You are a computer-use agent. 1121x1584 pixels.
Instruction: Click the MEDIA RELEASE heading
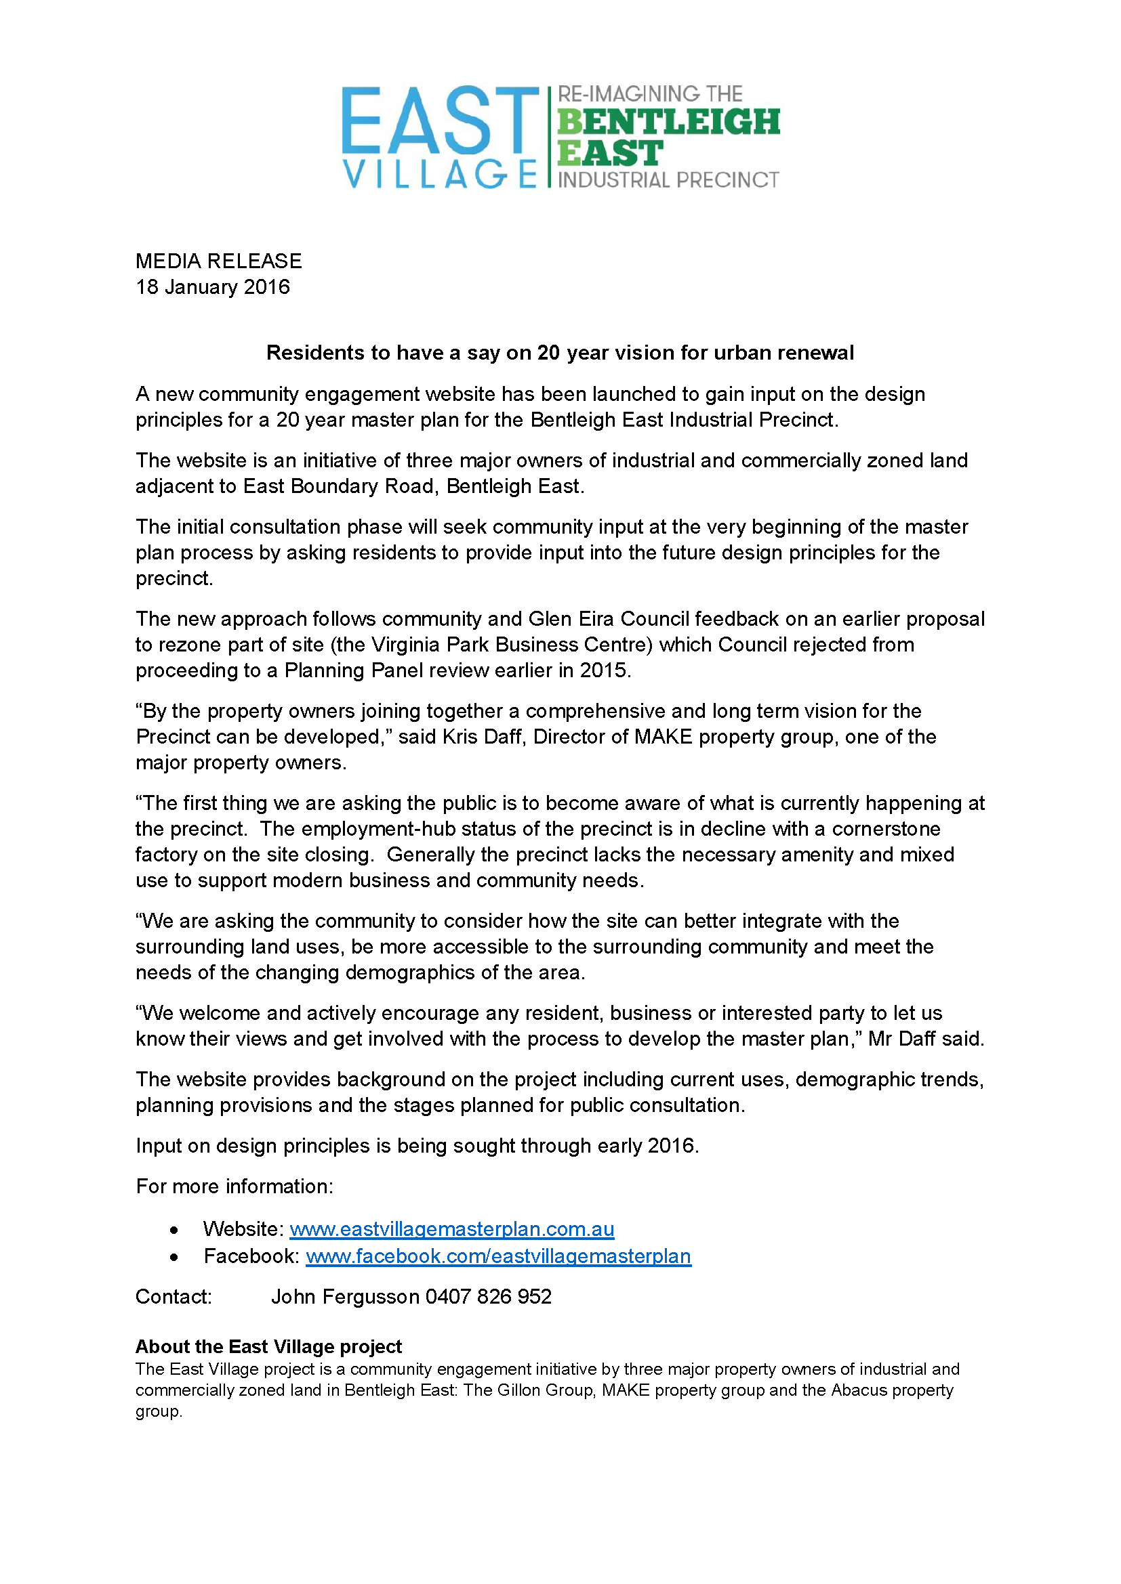[x=218, y=261]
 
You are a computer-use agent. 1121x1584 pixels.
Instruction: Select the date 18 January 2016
[x=213, y=287]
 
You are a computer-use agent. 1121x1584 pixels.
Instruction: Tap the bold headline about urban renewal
[x=560, y=353]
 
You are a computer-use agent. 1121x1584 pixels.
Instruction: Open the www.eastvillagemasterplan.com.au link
[x=451, y=1228]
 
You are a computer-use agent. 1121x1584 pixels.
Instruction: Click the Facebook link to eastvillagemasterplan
[x=498, y=1256]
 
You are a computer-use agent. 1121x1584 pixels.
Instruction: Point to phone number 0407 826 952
[x=488, y=1296]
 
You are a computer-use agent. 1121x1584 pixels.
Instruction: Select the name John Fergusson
[x=345, y=1296]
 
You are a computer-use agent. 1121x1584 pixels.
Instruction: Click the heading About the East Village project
[x=268, y=1346]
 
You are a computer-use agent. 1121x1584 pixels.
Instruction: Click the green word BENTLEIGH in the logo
[x=668, y=121]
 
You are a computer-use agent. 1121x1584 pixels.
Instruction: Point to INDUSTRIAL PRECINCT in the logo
[x=668, y=180]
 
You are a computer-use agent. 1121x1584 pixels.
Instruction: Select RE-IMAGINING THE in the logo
[x=649, y=93]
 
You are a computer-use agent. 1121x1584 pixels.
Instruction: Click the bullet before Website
[x=174, y=1230]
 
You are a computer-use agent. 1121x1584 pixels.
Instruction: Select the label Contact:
[x=174, y=1296]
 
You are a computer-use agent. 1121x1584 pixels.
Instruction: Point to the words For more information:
[x=235, y=1186]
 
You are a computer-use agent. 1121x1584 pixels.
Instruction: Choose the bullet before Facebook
[x=174, y=1257]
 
